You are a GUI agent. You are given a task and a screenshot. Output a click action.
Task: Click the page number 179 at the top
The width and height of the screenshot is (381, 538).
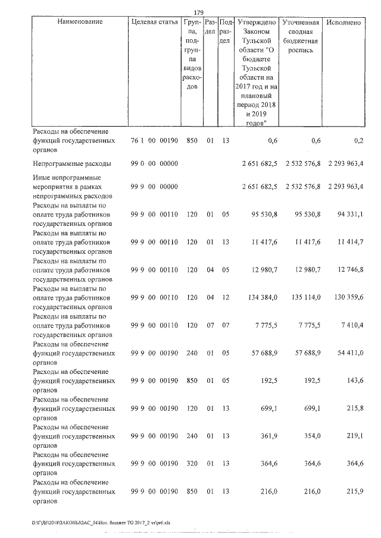click(199, 11)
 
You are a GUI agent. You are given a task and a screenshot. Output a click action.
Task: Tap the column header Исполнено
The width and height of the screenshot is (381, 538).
click(344, 22)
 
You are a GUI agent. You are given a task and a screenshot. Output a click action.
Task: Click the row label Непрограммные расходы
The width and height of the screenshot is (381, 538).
click(71, 162)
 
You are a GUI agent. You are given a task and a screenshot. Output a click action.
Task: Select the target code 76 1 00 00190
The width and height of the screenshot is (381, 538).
click(154, 140)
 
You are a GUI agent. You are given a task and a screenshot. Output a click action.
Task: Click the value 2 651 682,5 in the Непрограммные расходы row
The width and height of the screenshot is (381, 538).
click(260, 162)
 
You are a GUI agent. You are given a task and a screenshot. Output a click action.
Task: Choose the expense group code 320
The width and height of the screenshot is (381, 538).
click(191, 461)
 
